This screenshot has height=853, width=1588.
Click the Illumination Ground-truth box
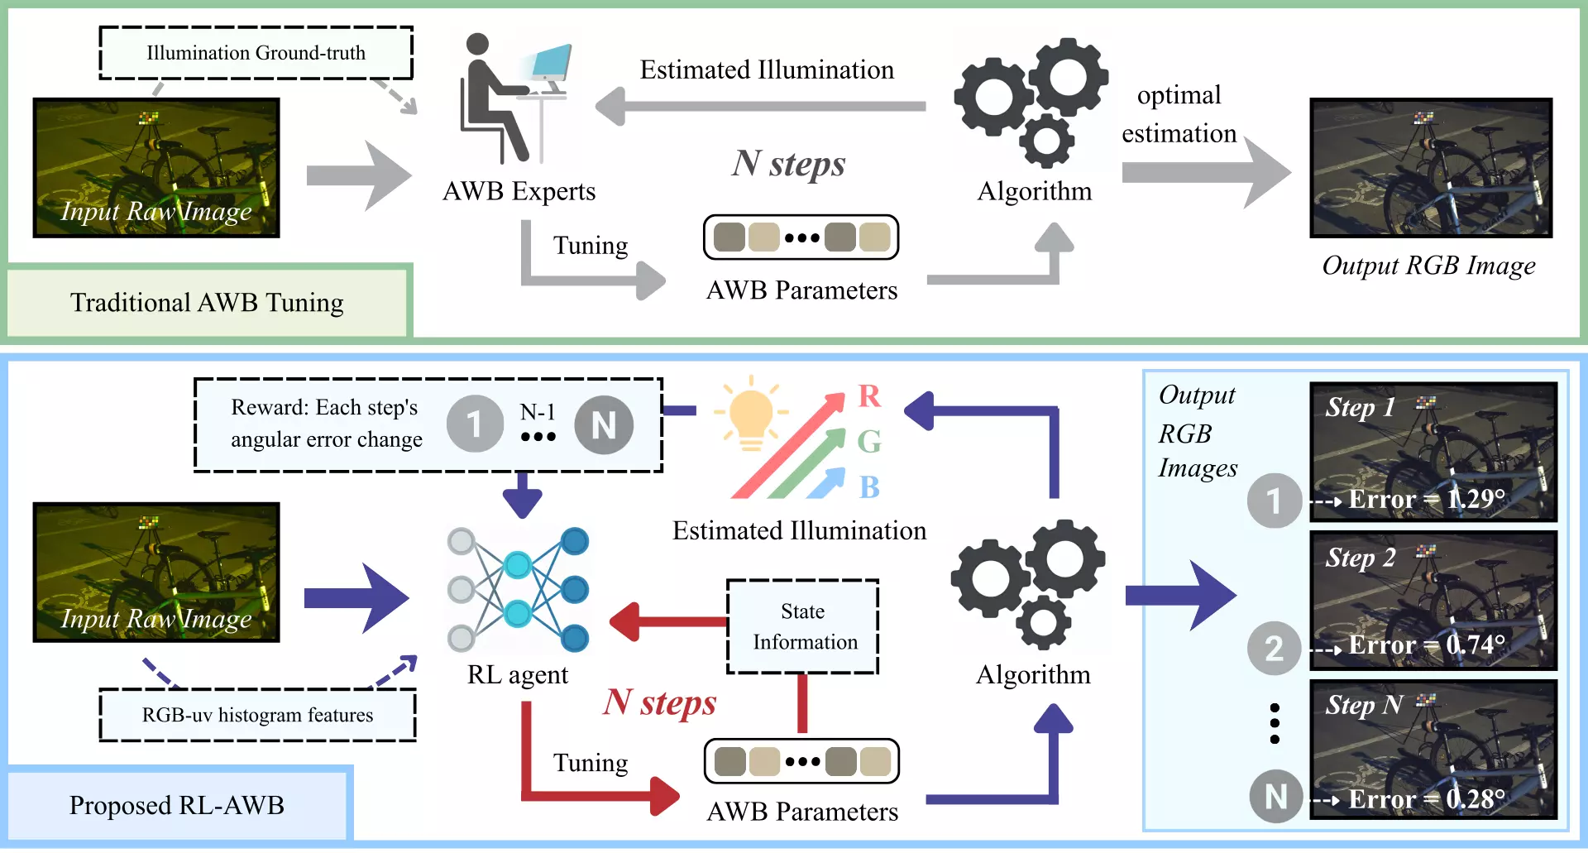(256, 53)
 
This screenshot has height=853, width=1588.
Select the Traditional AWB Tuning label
(207, 303)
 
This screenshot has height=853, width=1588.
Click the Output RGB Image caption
(1428, 266)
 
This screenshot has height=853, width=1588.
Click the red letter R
(868, 396)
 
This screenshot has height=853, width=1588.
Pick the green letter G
(868, 442)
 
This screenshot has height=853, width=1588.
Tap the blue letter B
(868, 487)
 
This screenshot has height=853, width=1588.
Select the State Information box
(803, 626)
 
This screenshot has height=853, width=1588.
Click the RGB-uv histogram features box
(257, 715)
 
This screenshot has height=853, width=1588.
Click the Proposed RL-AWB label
(177, 805)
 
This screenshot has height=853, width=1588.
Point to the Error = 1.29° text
(1426, 499)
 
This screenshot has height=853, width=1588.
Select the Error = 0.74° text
(1426, 645)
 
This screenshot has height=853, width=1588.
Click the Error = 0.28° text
(1426, 799)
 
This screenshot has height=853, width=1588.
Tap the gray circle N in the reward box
(604, 425)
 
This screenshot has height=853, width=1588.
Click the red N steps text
(659, 702)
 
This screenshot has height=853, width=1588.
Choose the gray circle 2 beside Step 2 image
(1274, 648)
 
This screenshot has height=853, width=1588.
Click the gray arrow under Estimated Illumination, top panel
(761, 107)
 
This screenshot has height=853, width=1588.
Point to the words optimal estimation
(1179, 114)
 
